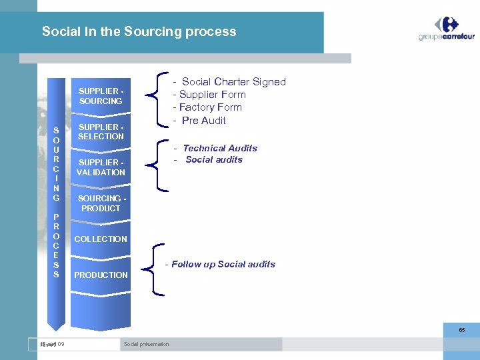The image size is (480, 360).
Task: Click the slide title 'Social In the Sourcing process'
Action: click(139, 31)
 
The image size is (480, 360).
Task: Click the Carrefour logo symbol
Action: click(447, 24)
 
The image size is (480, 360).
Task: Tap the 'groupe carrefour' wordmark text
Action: click(446, 37)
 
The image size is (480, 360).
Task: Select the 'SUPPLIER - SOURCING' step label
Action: click(101, 96)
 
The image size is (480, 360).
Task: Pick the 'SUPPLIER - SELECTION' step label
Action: click(101, 131)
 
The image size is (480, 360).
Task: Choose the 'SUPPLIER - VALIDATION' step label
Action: click(101, 167)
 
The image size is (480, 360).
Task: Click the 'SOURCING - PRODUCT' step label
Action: click(101, 203)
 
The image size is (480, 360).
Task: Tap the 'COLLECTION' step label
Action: click(101, 239)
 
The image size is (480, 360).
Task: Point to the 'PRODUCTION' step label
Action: click(101, 275)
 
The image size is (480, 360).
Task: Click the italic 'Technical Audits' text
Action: click(219, 148)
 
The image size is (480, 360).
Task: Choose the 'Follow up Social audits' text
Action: click(223, 264)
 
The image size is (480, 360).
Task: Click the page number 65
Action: click(461, 330)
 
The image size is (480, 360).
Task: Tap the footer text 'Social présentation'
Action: click(146, 344)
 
